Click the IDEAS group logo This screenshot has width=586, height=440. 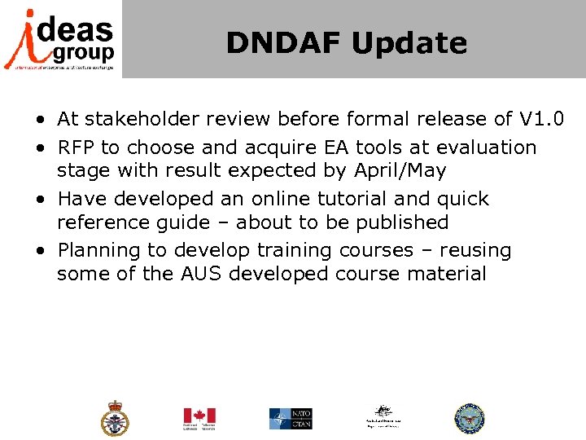(x=60, y=38)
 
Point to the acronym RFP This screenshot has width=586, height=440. (x=76, y=147)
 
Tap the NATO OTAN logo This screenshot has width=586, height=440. (x=291, y=419)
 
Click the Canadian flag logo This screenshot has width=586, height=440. (x=199, y=419)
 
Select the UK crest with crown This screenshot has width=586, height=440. (x=115, y=419)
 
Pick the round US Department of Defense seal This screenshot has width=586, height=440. (x=469, y=419)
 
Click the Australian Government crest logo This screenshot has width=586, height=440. (x=382, y=417)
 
